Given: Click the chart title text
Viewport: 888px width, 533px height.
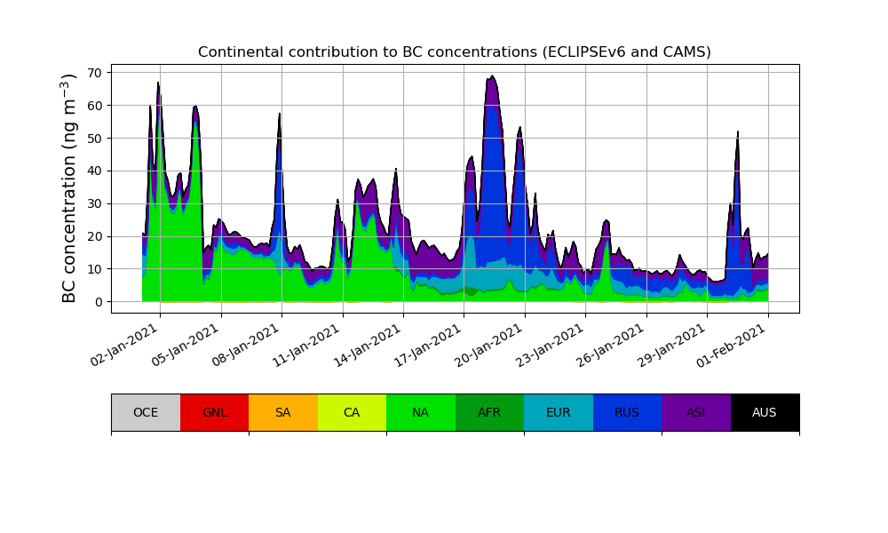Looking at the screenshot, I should click(454, 52).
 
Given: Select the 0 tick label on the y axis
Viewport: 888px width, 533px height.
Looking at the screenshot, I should click(99, 302).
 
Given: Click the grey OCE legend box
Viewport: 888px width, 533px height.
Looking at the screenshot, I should click(146, 412).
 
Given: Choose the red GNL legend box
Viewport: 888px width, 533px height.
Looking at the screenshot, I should click(214, 412).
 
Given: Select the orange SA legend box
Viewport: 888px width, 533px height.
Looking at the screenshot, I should click(283, 412).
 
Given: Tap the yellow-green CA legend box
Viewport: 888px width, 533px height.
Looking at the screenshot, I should click(352, 412).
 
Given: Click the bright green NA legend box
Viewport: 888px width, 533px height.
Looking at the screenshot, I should click(421, 412).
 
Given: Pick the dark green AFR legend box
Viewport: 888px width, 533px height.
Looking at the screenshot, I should click(489, 412).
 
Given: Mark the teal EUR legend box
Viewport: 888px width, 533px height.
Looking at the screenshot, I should click(559, 412).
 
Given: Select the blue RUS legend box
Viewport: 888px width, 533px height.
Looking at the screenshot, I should click(627, 412).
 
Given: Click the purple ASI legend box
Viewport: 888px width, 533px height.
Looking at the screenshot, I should click(696, 412).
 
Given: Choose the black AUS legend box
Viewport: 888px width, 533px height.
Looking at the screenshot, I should click(765, 412).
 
